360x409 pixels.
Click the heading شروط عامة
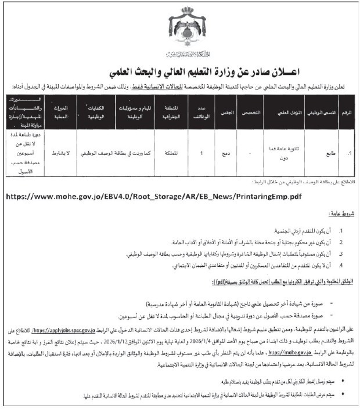(x=339, y=215)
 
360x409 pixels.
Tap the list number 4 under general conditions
(x=343, y=265)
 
